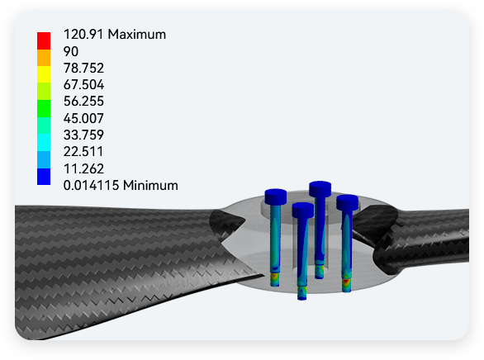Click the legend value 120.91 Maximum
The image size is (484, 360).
click(x=115, y=34)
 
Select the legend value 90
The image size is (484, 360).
click(x=71, y=51)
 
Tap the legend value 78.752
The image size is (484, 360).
click(x=83, y=69)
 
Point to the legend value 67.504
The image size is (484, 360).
click(x=83, y=84)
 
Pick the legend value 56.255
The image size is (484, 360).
click(x=83, y=102)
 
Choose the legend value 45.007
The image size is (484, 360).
click(x=83, y=118)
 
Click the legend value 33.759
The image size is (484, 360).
click(x=83, y=135)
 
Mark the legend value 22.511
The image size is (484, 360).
click(x=83, y=151)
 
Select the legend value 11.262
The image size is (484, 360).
click(x=83, y=168)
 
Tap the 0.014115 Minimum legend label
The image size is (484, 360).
click(x=121, y=186)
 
